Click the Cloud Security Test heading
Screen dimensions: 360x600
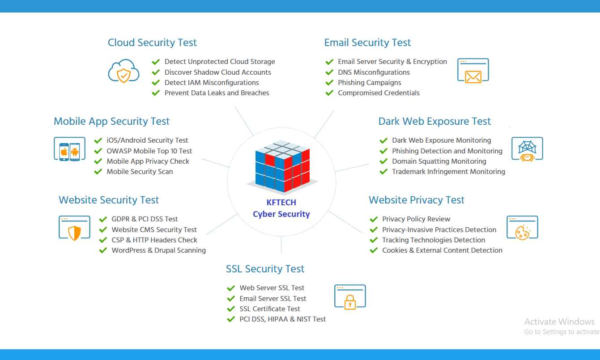[152, 43]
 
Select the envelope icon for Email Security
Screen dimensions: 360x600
[473, 71]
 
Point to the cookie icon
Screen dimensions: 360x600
[522, 228]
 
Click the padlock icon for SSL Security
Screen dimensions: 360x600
[350, 296]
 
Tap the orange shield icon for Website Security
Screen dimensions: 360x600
[74, 228]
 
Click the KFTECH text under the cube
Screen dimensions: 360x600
[281, 203]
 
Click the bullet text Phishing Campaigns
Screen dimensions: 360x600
[370, 83]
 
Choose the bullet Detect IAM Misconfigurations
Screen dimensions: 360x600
[212, 83]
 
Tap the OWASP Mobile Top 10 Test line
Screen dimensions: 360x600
[149, 151]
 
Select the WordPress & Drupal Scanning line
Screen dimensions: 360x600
[159, 250]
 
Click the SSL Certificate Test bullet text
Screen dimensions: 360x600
[270, 309]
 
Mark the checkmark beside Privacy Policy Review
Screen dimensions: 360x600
[374, 219]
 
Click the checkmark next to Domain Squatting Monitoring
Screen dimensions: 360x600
[383, 161]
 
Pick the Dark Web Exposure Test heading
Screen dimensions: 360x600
[434, 122]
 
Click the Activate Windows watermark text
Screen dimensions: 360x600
[559, 322]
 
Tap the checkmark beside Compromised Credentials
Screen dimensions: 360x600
[329, 93]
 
